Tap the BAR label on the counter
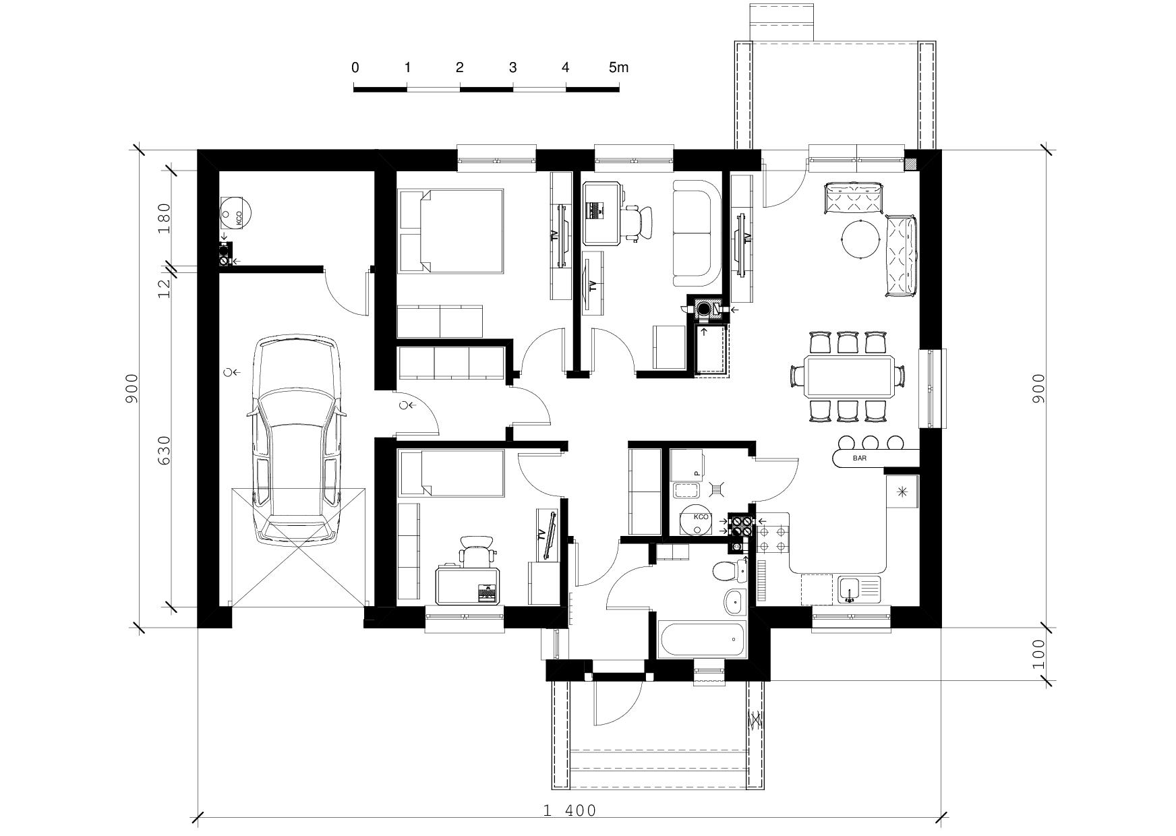tap(860, 458)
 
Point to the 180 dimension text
tap(164, 217)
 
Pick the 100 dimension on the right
tap(1038, 654)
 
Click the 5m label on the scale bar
tap(618, 67)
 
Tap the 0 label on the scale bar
tap(355, 67)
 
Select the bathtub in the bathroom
tap(703, 639)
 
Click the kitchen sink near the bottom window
tap(859, 589)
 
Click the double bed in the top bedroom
tap(451, 231)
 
